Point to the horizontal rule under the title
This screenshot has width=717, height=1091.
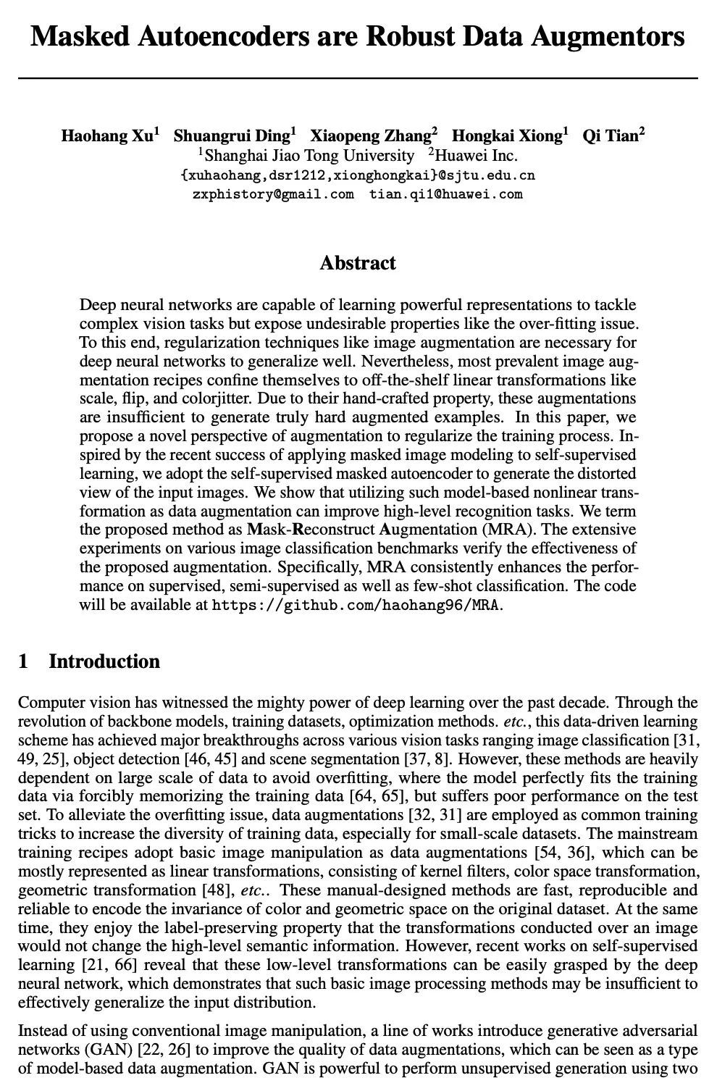click(x=358, y=78)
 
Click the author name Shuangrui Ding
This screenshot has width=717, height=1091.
click(x=232, y=136)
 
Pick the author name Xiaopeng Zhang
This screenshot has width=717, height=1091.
click(x=371, y=136)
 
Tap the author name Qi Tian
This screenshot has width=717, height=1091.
click(x=611, y=136)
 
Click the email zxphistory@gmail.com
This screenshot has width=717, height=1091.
click(x=273, y=194)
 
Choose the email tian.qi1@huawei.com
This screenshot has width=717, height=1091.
click(x=445, y=194)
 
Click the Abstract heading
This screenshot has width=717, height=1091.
click(x=358, y=262)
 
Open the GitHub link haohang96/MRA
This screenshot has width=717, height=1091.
click(x=356, y=605)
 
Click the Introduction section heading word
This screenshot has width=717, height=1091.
click(x=104, y=661)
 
